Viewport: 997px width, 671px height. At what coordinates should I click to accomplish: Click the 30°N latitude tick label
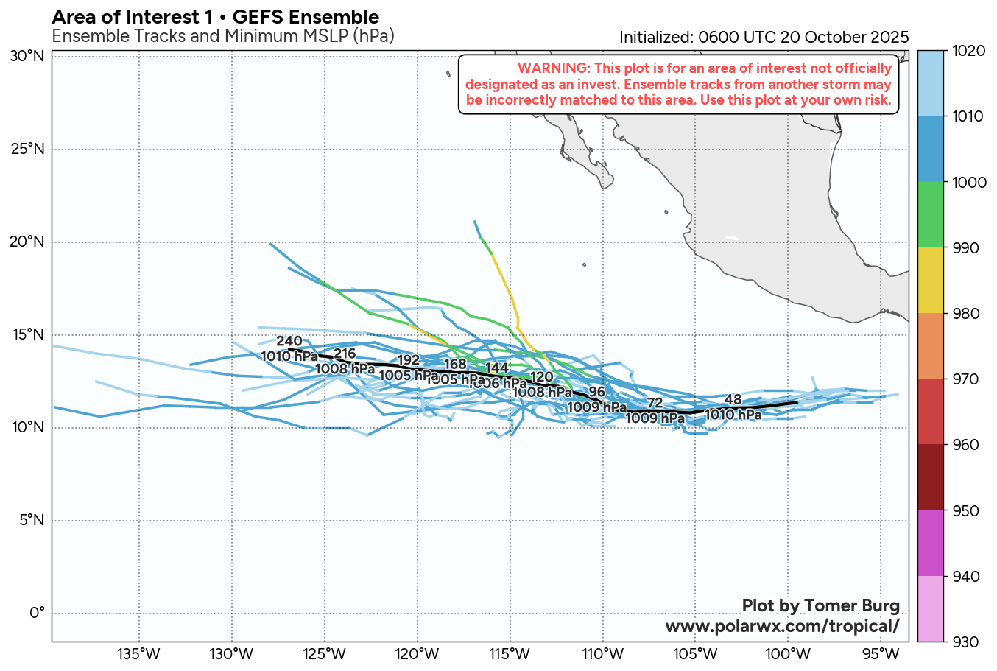click(x=27, y=56)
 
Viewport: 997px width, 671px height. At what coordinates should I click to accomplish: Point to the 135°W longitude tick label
click(x=139, y=654)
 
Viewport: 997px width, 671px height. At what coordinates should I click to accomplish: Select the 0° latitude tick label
click(x=36, y=613)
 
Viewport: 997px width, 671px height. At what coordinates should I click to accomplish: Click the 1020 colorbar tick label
click(x=943, y=51)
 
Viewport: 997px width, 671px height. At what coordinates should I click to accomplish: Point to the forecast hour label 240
click(x=289, y=341)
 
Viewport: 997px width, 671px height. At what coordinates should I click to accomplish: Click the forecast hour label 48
click(x=733, y=400)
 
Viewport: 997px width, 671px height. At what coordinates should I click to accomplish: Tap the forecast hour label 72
click(x=655, y=403)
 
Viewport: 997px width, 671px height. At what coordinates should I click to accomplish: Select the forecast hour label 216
click(x=345, y=354)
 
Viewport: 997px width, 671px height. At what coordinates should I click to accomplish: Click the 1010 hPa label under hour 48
click(x=733, y=415)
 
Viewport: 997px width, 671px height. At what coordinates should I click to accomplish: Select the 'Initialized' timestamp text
click(x=764, y=37)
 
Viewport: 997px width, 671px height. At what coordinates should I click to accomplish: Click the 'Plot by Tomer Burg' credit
click(x=820, y=605)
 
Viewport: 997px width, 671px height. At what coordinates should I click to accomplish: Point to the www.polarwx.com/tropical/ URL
click(x=782, y=626)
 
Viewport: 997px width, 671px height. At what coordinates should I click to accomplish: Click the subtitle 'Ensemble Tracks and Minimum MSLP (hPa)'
click(x=223, y=35)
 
